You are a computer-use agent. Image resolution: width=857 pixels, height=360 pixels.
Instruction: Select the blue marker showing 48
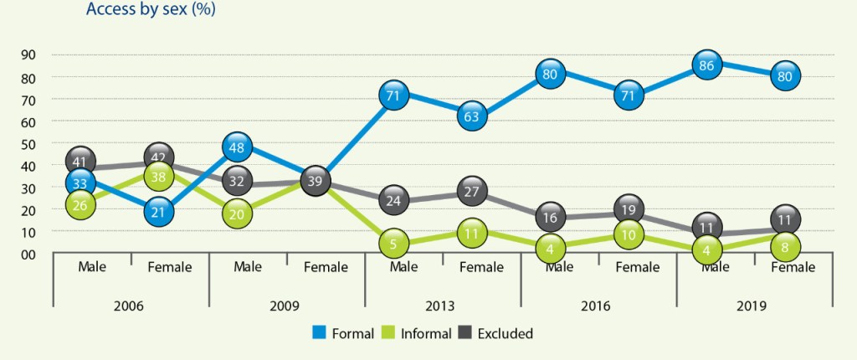click(238, 148)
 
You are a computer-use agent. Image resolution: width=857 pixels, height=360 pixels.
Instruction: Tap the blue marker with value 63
click(471, 116)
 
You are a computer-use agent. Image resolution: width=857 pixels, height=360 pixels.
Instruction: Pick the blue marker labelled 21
click(159, 212)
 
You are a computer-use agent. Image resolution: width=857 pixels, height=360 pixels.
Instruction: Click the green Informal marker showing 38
click(159, 177)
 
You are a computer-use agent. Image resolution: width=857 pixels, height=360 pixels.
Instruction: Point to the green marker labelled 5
click(393, 244)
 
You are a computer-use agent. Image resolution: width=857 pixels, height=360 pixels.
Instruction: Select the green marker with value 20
click(238, 213)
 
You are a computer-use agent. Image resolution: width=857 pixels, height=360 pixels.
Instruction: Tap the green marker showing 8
click(784, 246)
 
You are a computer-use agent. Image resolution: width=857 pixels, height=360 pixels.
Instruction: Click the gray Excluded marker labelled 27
click(471, 191)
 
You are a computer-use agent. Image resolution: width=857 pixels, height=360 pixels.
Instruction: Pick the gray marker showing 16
click(549, 216)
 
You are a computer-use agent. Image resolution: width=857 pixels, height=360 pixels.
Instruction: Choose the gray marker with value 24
click(393, 201)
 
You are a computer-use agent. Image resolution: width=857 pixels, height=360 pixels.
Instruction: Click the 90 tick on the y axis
click(28, 54)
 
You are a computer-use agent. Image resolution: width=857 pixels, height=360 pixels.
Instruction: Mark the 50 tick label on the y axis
click(28, 144)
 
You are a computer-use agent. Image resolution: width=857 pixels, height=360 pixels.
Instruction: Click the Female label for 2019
click(793, 268)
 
